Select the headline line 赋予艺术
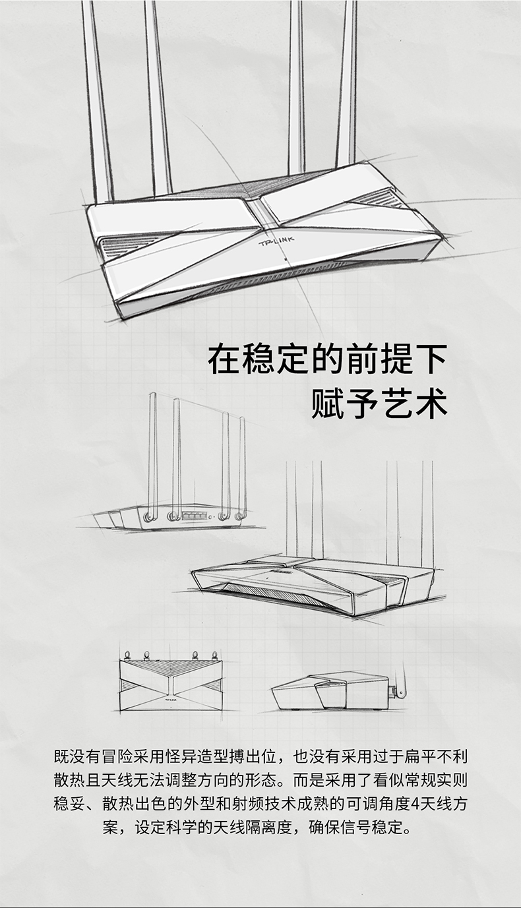point(379,403)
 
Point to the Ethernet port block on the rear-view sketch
point(195,516)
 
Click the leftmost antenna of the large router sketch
point(98,99)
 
